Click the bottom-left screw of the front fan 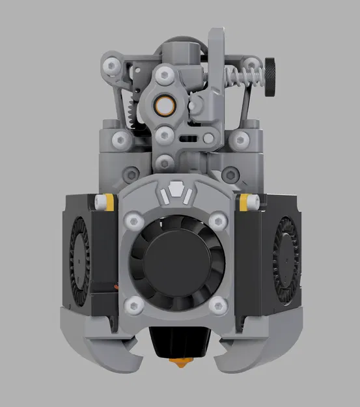point(133,302)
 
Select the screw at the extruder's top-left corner point(115,65)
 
